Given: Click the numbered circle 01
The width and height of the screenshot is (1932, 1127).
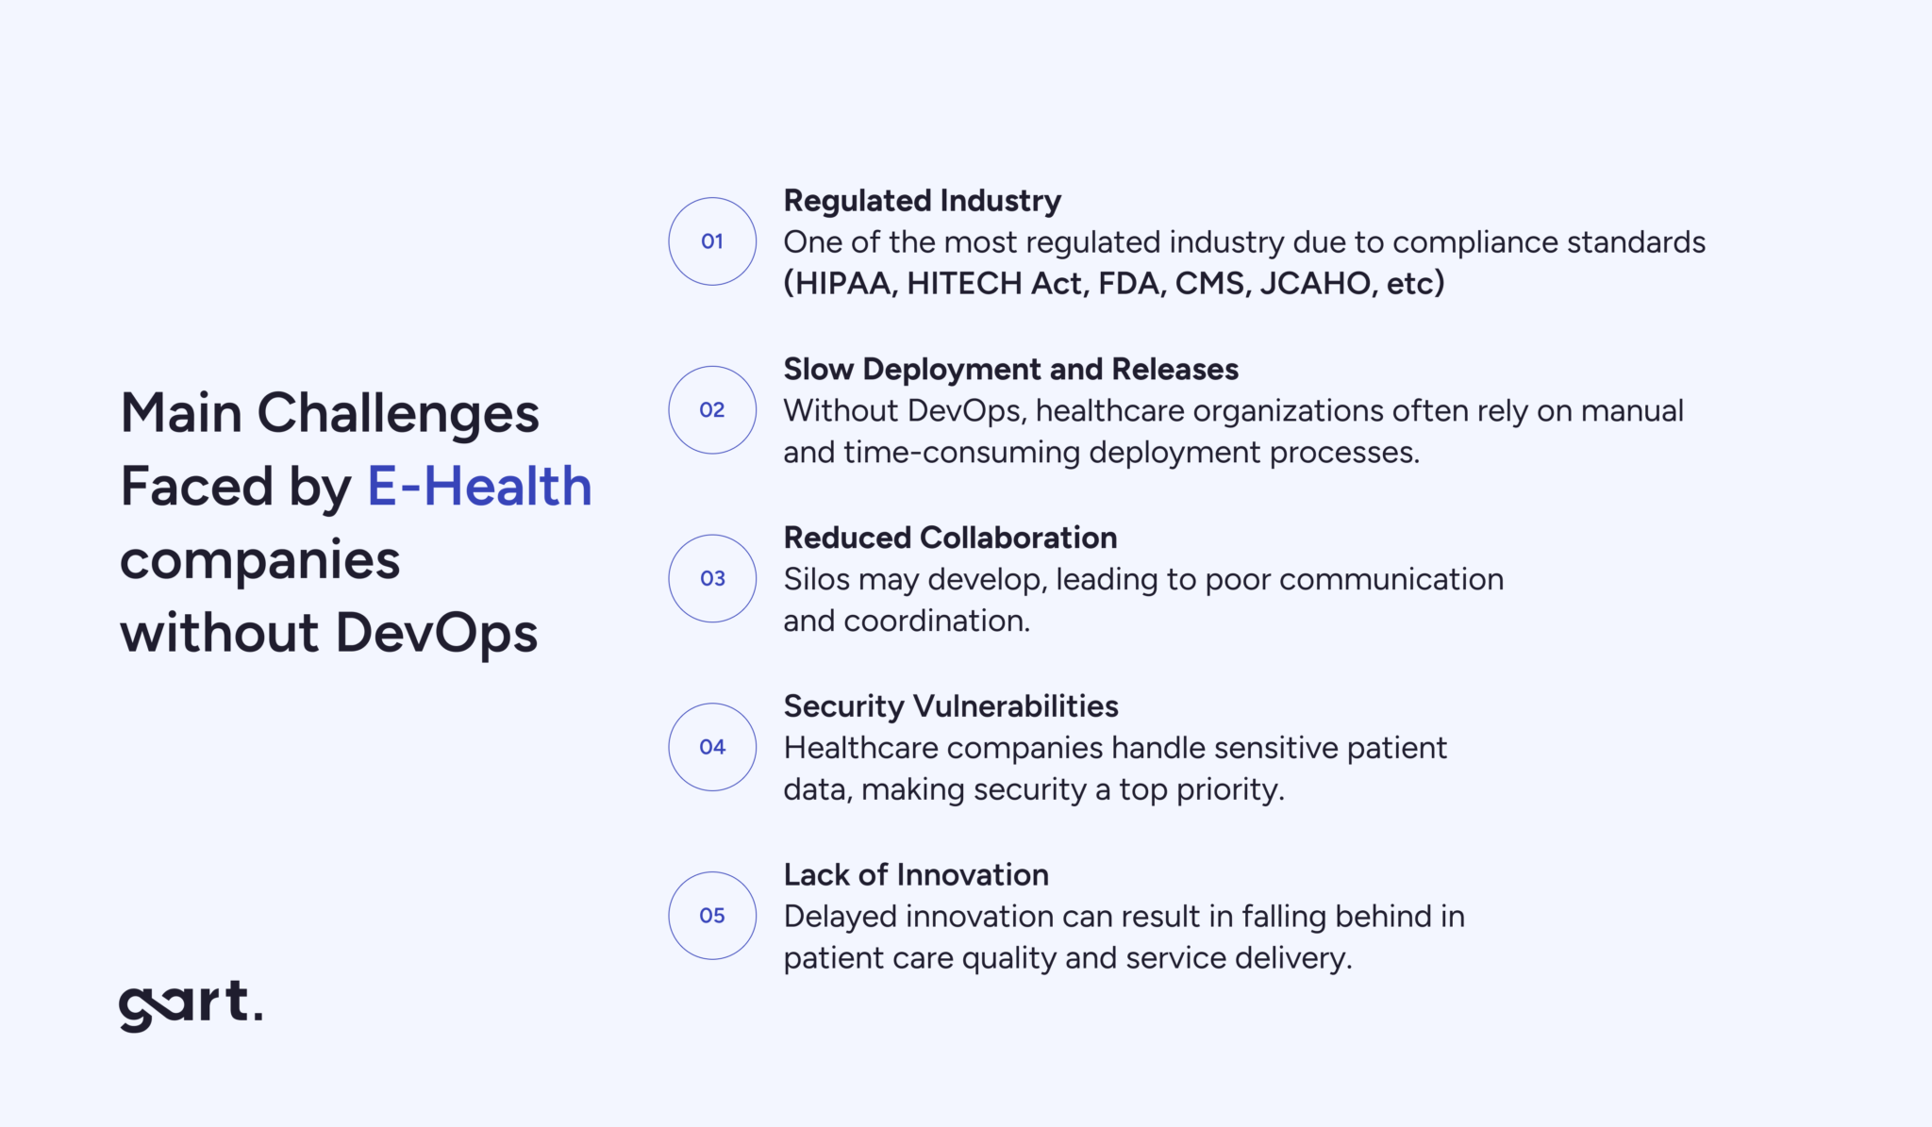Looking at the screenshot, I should coord(712,241).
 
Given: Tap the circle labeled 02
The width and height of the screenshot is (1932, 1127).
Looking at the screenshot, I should coord(712,410).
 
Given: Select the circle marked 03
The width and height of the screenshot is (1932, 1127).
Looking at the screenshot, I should coord(712,578).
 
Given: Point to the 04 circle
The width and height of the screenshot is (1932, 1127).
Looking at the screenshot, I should coord(712,747).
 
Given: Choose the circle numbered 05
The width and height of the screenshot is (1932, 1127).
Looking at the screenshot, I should coord(712,916).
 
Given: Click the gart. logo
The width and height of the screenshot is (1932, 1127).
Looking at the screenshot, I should coord(191,1005).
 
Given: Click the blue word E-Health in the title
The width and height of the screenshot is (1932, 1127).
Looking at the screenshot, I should coord(479,487).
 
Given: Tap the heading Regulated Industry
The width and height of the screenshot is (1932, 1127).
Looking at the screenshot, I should coord(922,201).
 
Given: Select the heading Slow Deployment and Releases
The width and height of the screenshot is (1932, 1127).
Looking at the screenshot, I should coord(1010,370).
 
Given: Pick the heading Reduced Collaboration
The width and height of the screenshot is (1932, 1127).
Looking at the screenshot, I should coord(950,538).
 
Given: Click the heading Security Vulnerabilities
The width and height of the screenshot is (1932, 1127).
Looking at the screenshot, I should coord(951,706).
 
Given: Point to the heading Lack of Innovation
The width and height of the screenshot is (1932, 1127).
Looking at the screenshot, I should coord(916,875).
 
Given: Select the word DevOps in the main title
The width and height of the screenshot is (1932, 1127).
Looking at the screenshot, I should coord(437,634).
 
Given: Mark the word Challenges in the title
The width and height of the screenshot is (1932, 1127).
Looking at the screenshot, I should coord(398,413).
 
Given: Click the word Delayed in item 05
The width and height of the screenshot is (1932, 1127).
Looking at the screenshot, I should coord(839,917).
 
